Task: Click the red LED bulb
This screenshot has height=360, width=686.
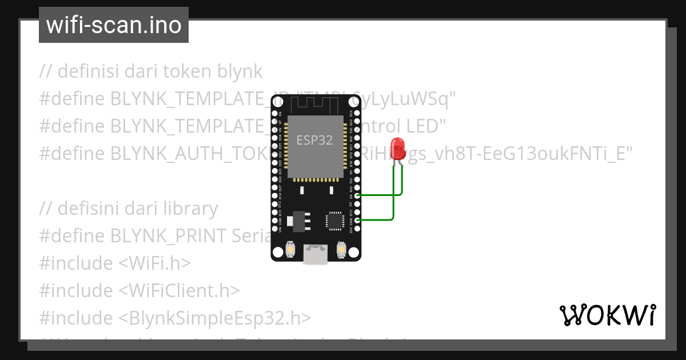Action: [x=397, y=147]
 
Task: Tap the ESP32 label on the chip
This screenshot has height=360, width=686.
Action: [x=314, y=140]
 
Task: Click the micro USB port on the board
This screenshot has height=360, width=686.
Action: [x=316, y=254]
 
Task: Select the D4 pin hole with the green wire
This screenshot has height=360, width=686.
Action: [x=358, y=195]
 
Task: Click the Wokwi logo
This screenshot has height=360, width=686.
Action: [x=607, y=315]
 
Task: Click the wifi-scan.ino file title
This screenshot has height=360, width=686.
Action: [x=113, y=25]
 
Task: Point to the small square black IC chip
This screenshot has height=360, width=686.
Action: [x=334, y=221]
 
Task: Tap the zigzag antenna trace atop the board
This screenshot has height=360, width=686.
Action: [x=315, y=105]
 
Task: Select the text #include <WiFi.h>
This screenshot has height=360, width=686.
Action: [x=114, y=263]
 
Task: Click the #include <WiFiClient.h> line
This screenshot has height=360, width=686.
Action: [x=139, y=291]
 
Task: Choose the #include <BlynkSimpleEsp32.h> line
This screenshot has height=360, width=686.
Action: [x=175, y=318]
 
